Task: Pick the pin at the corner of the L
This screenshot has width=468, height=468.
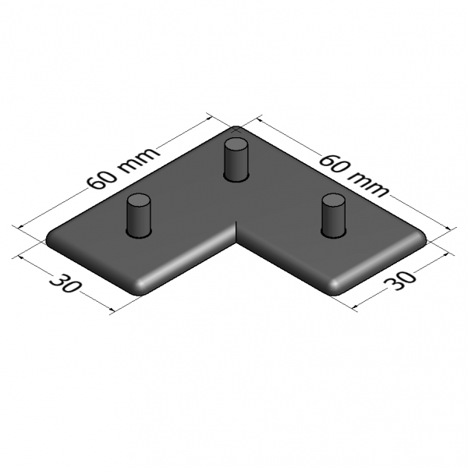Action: [234, 159]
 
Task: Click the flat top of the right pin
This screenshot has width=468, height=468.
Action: [333, 201]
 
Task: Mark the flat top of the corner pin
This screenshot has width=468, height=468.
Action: [234, 144]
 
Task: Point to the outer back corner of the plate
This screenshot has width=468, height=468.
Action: [236, 127]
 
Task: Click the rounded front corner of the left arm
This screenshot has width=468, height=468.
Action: [144, 286]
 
